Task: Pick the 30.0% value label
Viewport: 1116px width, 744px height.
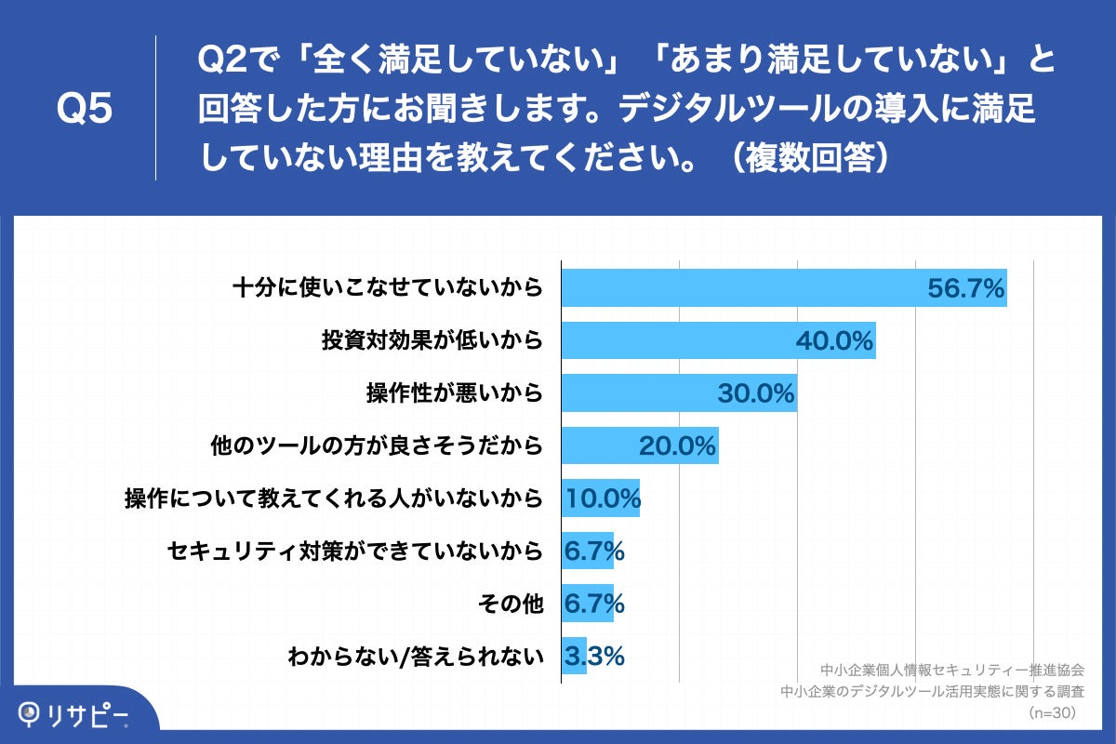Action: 756,394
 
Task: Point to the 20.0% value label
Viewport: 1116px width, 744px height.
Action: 677,446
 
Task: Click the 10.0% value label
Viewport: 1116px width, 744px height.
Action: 602,499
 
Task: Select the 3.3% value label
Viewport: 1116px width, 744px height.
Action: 593,657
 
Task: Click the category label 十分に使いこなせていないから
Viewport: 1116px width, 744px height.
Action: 387,288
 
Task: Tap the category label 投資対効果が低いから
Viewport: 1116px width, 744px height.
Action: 432,341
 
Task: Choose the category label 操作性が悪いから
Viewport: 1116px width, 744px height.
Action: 454,394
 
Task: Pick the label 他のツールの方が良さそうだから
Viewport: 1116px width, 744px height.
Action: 377,446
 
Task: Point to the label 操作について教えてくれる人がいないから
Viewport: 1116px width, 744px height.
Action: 333,499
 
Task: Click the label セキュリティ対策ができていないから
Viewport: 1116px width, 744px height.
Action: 354,552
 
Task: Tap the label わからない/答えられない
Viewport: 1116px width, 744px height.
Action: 415,658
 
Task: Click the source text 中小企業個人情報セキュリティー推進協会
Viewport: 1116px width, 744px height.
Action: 952,670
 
